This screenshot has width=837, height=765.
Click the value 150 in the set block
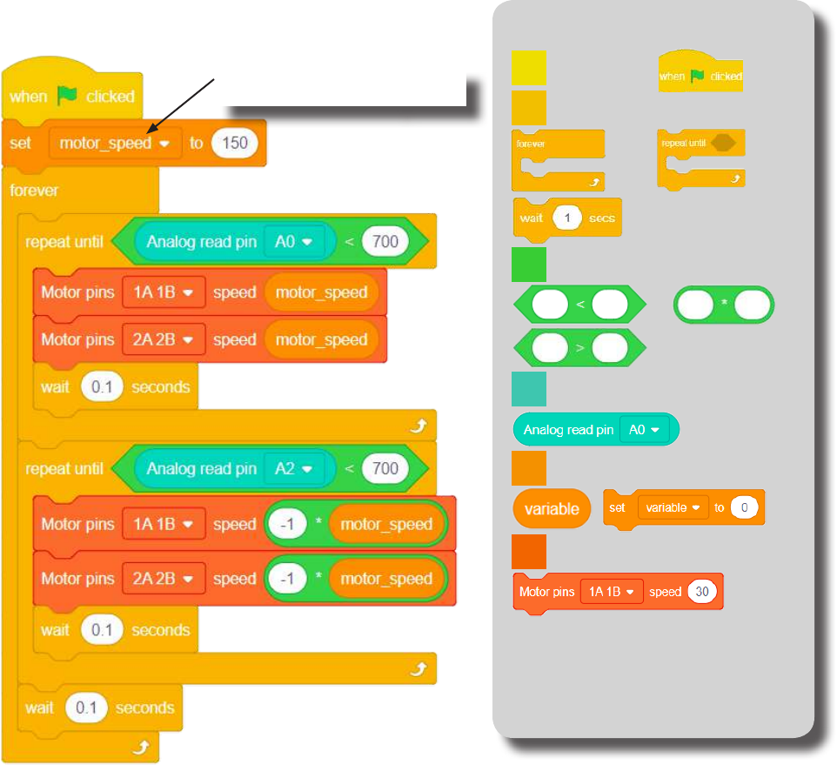click(235, 143)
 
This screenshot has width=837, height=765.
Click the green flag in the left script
click(67, 95)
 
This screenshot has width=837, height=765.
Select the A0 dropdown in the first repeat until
click(293, 242)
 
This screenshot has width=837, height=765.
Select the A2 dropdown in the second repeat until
click(293, 469)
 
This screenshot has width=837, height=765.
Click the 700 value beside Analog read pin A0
click(385, 241)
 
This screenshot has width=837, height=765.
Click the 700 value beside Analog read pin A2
click(385, 469)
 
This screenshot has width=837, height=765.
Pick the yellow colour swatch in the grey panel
click(528, 67)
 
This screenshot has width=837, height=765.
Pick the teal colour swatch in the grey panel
click(529, 389)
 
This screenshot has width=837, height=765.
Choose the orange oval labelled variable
click(552, 509)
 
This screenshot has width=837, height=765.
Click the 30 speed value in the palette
click(701, 592)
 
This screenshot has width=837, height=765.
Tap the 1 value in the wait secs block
click(567, 218)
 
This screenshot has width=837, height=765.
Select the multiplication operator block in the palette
click(724, 304)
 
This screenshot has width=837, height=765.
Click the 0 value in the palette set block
click(744, 507)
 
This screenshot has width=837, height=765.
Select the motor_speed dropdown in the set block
click(113, 143)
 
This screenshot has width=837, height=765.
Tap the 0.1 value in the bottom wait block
click(86, 708)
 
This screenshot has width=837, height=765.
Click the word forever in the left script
click(34, 191)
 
